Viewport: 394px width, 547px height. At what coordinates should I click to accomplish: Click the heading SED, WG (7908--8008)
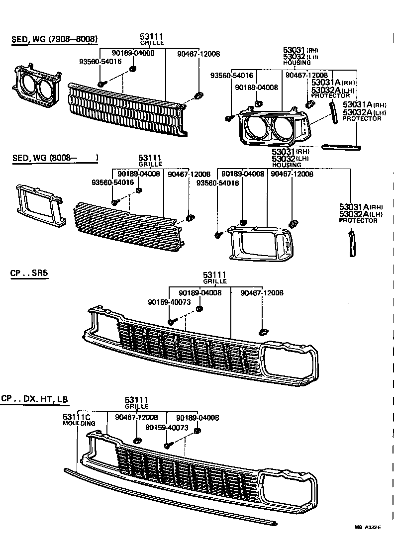tap(54, 40)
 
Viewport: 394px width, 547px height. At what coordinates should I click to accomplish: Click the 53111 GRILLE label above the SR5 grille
tap(214, 277)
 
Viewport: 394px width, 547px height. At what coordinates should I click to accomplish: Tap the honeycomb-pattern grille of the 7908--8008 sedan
tap(127, 109)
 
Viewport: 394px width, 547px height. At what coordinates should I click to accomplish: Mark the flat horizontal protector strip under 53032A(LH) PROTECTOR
tap(341, 147)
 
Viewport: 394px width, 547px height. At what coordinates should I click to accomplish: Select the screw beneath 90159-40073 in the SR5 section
tap(171, 322)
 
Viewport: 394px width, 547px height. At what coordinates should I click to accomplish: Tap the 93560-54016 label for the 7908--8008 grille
tap(100, 62)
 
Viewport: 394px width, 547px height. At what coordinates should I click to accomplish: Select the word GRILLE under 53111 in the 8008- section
tap(150, 164)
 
